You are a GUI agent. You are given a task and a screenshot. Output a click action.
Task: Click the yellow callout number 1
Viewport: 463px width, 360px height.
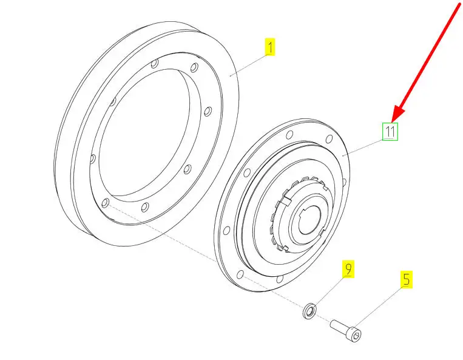[270, 47]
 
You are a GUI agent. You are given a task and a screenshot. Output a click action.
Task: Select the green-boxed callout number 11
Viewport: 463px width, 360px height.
[390, 132]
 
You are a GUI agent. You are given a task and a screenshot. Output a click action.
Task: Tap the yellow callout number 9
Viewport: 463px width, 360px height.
[348, 269]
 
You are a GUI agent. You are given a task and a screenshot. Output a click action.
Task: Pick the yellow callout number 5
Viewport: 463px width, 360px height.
[407, 279]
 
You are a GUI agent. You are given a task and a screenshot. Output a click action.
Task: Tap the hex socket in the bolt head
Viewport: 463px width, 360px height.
[357, 335]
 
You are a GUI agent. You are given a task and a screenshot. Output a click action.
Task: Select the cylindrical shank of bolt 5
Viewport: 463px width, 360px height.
[340, 326]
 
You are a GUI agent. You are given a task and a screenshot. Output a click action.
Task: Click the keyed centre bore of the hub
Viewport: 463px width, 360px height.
[309, 221]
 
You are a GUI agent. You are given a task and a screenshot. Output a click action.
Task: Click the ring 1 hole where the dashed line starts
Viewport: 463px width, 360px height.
[105, 203]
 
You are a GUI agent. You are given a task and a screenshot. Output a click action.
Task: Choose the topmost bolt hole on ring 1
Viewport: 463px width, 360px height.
[154, 64]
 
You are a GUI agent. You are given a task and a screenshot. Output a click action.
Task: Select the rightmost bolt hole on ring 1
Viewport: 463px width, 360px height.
[208, 111]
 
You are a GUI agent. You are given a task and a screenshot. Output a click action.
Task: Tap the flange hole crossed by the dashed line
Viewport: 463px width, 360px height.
[241, 274]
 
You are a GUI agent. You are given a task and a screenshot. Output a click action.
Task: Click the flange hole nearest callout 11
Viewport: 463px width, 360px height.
[330, 139]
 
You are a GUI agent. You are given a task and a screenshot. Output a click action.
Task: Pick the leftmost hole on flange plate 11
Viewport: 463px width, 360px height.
[227, 230]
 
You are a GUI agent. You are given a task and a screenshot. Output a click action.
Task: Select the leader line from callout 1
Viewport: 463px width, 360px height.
[249, 65]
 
